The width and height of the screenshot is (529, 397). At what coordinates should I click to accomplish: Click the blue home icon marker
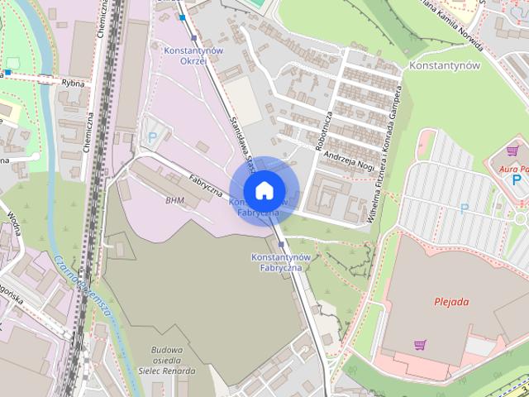point(264,190)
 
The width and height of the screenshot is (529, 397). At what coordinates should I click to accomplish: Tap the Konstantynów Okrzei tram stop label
point(193,56)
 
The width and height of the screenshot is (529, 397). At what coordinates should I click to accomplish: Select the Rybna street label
point(73,82)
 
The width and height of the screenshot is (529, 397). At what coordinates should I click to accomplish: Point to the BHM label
point(174,200)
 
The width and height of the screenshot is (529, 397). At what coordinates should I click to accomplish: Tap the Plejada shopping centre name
point(451,301)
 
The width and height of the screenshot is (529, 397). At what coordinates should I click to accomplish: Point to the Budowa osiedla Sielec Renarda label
point(167,361)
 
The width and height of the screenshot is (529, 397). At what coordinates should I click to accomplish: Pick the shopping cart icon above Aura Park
point(512,151)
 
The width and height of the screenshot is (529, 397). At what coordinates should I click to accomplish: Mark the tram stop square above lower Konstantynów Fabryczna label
point(280,245)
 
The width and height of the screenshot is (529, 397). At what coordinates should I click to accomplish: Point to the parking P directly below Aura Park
point(517,179)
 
